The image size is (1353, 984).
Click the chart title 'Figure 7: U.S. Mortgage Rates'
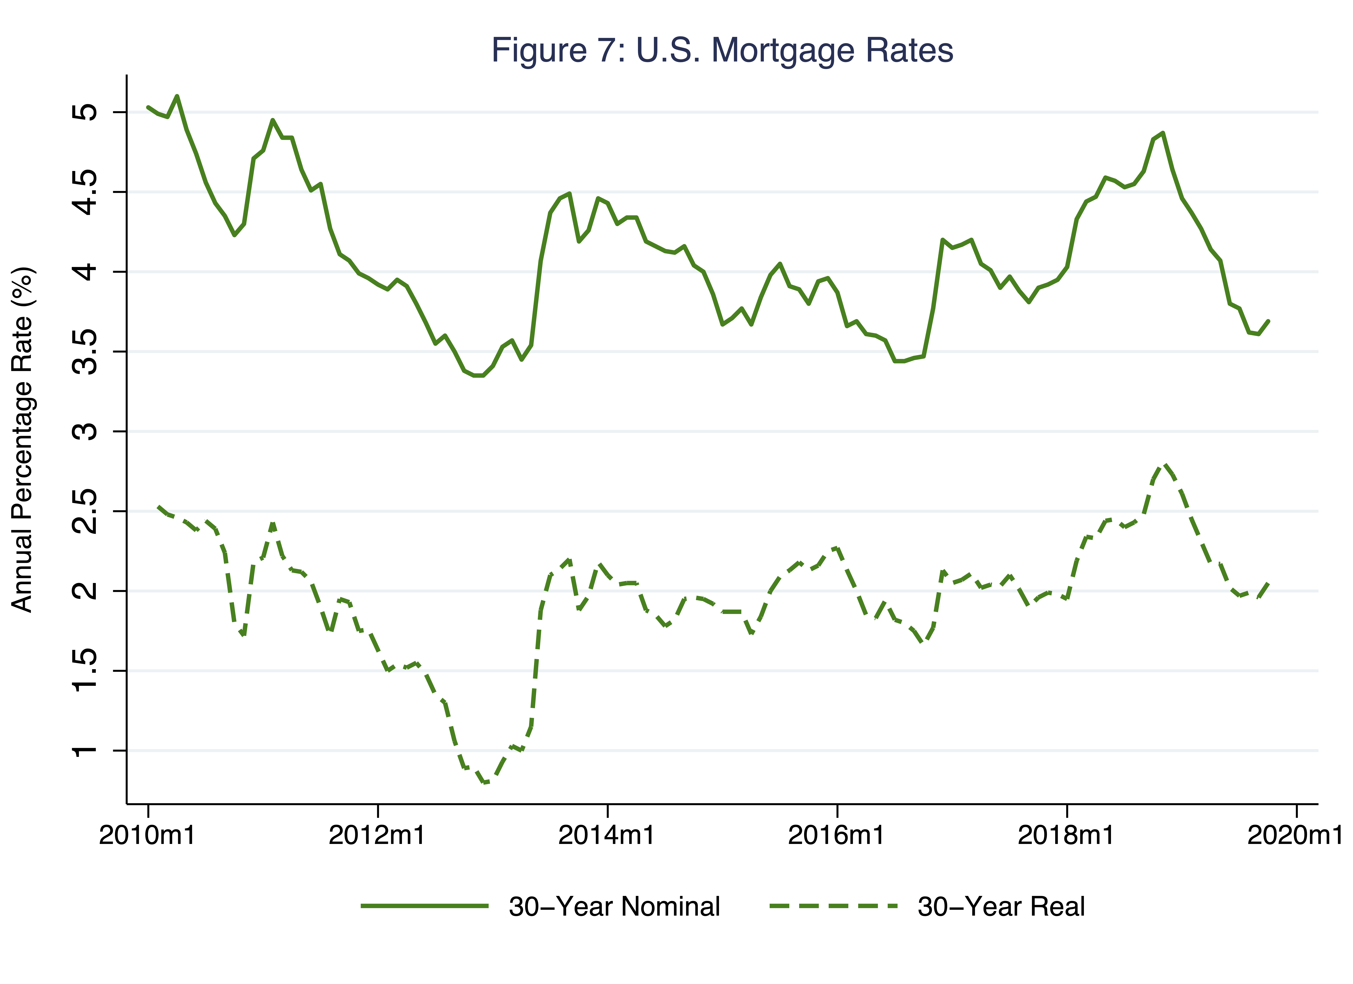pyautogui.click(x=722, y=50)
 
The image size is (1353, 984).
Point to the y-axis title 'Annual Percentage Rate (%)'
pyautogui.click(x=23, y=440)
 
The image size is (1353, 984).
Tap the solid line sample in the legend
pyautogui.click(x=425, y=906)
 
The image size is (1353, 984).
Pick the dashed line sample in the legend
pyautogui.click(x=833, y=906)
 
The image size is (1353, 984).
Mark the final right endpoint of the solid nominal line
pyautogui.click(x=1268, y=321)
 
